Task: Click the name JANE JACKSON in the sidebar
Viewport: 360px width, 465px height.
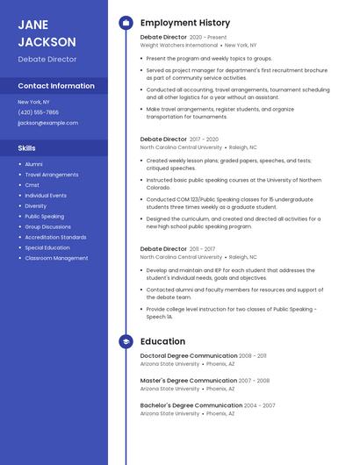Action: pos(47,32)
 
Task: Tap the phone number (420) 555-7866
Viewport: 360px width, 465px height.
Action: pos(38,112)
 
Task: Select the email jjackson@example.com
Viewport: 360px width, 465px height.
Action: pos(47,123)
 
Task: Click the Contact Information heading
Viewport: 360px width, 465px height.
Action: pos(56,86)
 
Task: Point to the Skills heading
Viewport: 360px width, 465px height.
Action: pos(27,148)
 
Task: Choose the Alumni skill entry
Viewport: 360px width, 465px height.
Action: pos(33,164)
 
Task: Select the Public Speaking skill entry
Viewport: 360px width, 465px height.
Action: pos(44,216)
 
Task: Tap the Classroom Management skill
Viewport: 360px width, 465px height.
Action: pos(56,258)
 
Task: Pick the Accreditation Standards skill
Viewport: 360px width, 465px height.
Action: pos(55,237)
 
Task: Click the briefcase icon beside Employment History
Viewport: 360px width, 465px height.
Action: pos(126,23)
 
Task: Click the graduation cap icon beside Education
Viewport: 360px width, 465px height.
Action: pos(126,341)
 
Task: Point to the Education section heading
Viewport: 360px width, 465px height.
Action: pos(162,341)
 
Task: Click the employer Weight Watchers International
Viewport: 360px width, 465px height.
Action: pos(178,45)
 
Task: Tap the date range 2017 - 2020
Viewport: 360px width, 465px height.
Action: pos(204,139)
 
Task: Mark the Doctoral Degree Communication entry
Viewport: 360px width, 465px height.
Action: pos(189,355)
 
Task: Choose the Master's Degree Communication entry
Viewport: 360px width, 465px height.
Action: pos(188,381)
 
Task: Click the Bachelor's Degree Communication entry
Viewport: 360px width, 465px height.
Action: pos(191,405)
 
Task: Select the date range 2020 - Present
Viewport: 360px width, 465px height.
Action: pos(207,37)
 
